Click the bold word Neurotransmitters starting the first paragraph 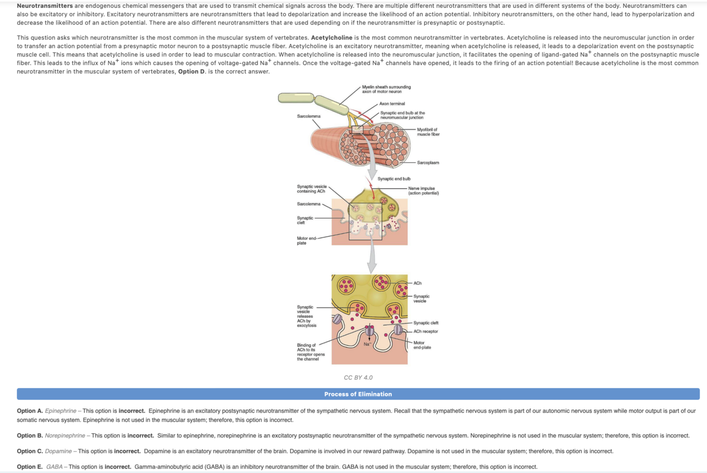coord(45,5)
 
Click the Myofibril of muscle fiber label coord(428,132)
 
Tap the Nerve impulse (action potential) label coord(425,190)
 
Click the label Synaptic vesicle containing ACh coord(312,189)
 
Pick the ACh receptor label coord(426,331)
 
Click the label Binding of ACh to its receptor coord(311,352)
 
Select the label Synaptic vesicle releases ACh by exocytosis coord(306,316)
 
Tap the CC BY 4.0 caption coord(358,378)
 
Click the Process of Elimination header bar coord(358,394)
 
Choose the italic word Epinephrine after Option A coord(60,411)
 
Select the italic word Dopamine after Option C coord(59,451)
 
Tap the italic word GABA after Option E coord(54,467)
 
